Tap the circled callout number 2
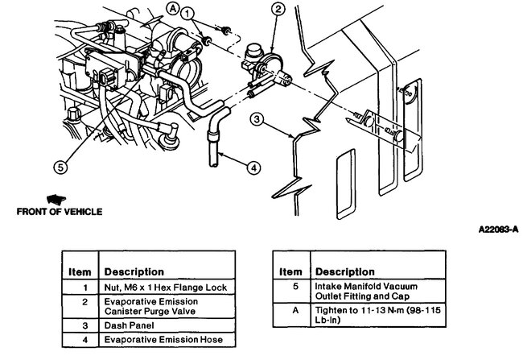278,10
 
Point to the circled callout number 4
253,168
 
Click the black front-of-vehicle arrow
56,197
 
